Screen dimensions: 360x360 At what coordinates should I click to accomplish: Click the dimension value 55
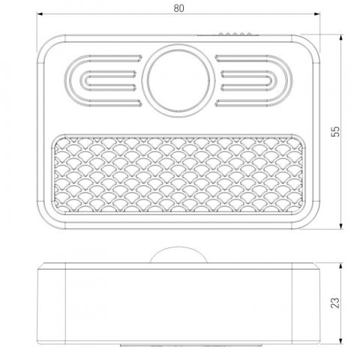[337, 131]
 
